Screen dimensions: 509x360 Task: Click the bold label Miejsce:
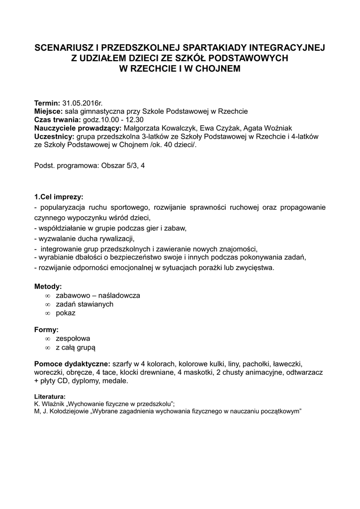point(48,111)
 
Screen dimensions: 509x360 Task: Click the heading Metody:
point(48,287)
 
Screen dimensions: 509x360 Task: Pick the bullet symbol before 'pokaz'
point(48,313)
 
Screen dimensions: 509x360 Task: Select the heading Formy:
point(46,330)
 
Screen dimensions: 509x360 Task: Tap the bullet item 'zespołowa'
point(73,339)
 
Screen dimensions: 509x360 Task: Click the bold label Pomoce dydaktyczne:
point(73,363)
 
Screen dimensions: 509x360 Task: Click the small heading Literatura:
point(50,397)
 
